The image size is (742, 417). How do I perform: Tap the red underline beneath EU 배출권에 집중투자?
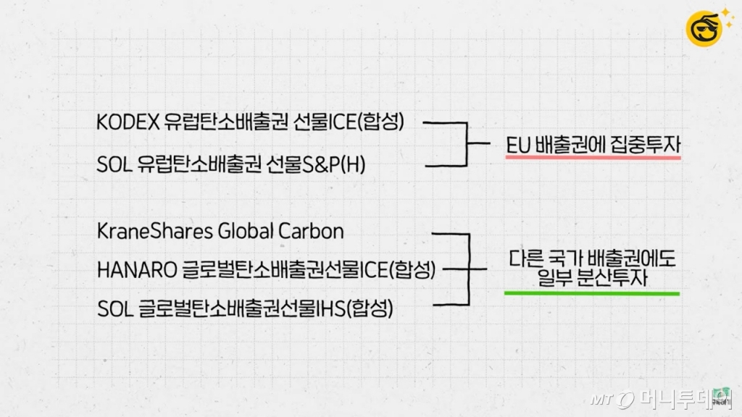[593, 157]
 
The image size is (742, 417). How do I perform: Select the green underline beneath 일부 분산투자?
[593, 293]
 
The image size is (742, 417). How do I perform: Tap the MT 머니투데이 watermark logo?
[659, 398]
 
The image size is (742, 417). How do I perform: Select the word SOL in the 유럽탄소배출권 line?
[113, 165]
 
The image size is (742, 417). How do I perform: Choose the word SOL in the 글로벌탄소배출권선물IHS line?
[113, 310]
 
